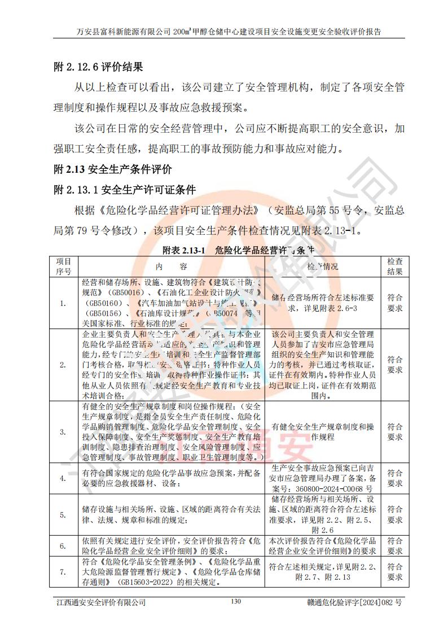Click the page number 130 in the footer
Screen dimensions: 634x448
[235, 602]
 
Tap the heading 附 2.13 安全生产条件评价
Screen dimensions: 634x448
[112, 169]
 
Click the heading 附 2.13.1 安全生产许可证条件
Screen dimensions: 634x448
[124, 189]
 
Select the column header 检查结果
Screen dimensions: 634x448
[395, 266]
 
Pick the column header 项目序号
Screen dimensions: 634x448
[63, 266]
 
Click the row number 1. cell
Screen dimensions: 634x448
[63, 304]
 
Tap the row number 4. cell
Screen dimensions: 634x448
[63, 478]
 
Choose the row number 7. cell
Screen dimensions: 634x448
[63, 572]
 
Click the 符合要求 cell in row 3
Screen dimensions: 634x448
[395, 432]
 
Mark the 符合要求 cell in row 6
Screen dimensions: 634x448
[395, 545]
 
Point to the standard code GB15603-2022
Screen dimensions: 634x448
[147, 581]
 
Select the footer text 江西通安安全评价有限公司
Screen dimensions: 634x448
[100, 602]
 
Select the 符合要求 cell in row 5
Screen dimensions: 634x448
[395, 514]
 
